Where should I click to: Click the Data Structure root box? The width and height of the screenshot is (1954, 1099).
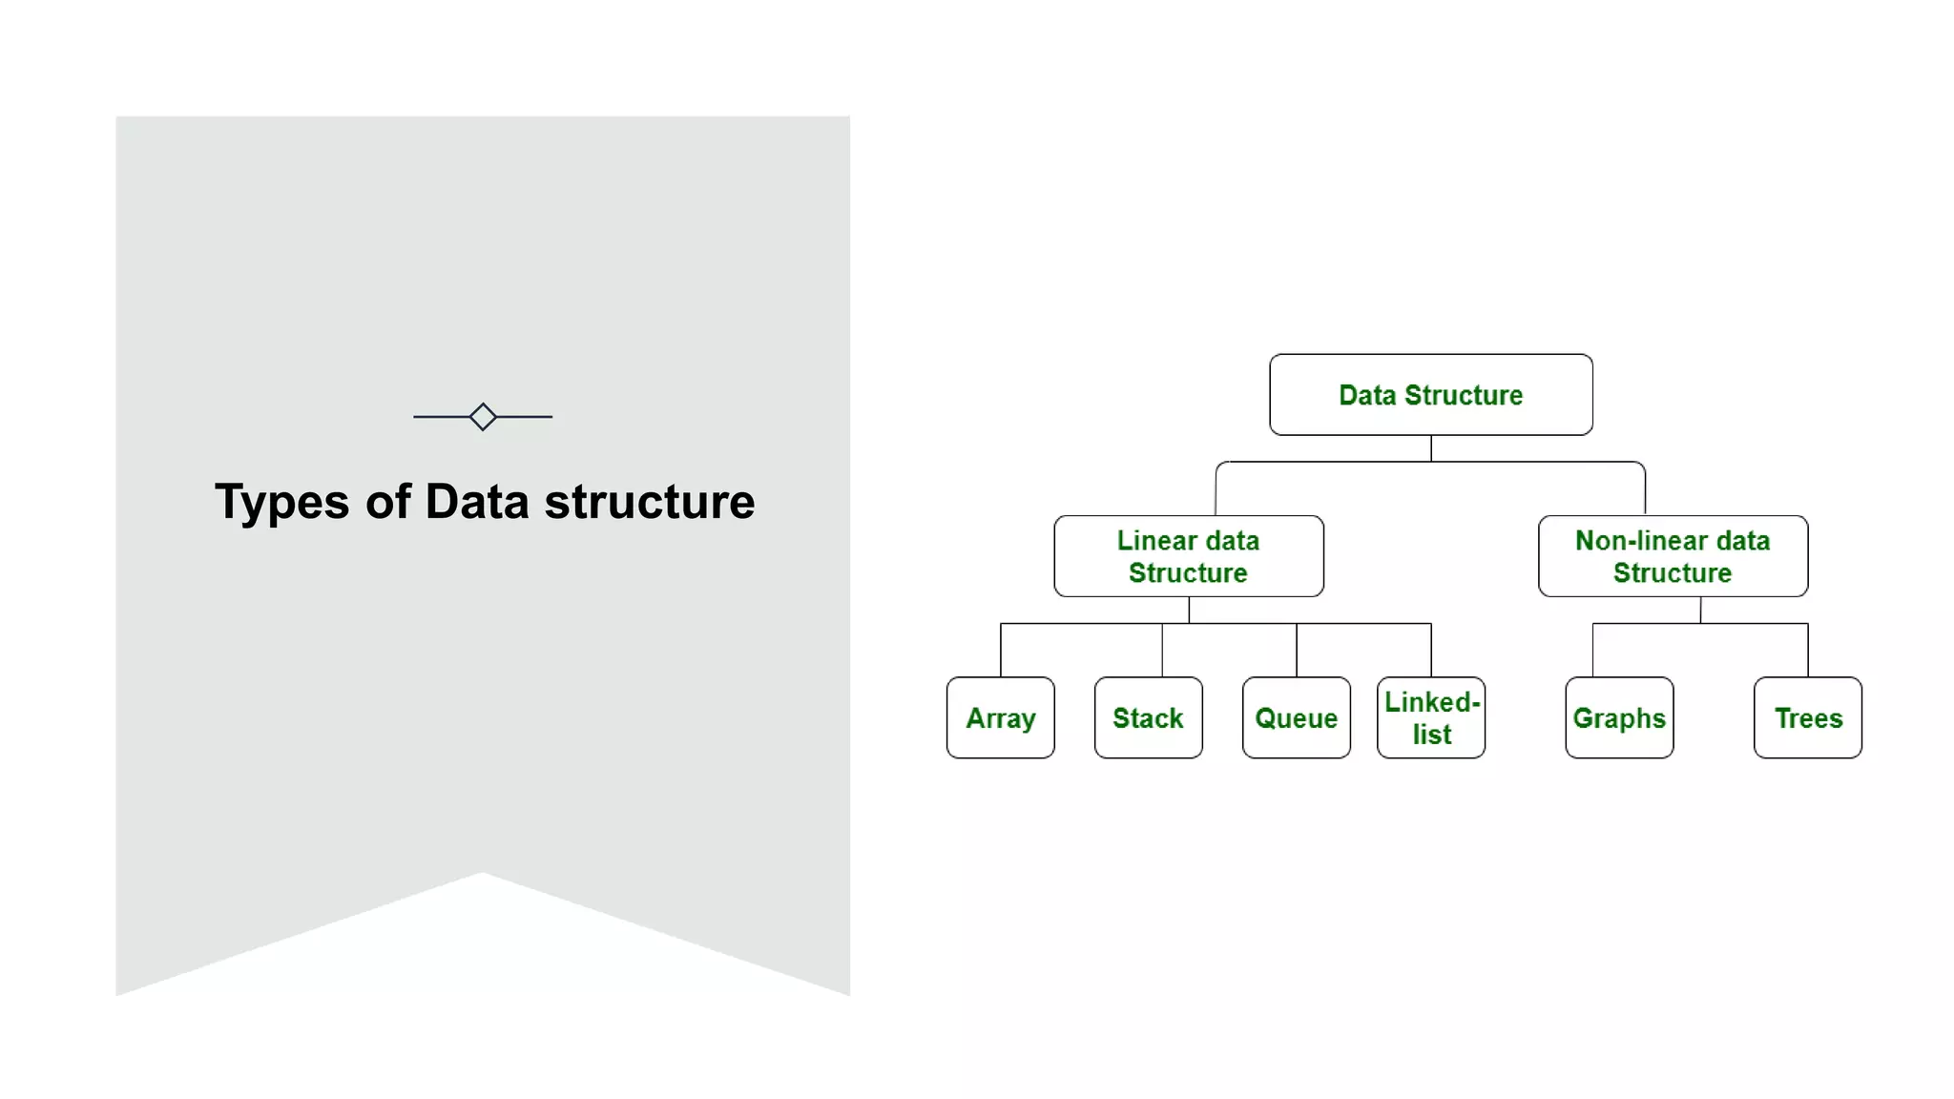point(1430,395)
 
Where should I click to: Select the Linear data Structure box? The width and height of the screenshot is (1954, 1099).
point(1188,556)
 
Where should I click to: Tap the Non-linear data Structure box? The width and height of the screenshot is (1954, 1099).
point(1673,556)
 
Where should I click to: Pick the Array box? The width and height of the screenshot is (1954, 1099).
point(1000,717)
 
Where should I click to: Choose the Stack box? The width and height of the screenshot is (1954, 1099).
point(1148,717)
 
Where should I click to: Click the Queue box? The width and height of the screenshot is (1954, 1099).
point(1296,717)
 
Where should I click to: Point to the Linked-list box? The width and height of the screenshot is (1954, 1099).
point(1430,717)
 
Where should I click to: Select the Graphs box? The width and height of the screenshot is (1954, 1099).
point(1619,717)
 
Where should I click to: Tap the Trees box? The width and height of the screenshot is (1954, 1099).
point(1807,717)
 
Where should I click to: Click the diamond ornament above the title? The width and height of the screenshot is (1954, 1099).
point(483,417)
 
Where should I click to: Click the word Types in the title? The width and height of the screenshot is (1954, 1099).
point(281,503)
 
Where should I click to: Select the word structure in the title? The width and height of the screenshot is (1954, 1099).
point(649,502)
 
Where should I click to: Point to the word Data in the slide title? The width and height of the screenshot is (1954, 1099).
point(476,502)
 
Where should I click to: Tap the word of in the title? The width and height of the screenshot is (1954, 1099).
point(387,502)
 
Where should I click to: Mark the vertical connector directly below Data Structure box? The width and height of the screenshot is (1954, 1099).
point(1431,448)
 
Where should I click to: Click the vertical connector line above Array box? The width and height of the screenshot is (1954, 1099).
point(1001,651)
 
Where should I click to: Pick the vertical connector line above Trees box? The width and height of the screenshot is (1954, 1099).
point(1808,651)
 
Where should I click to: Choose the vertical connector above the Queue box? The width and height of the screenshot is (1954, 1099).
point(1297,651)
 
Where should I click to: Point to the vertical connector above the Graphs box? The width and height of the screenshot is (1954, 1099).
point(1593,651)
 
